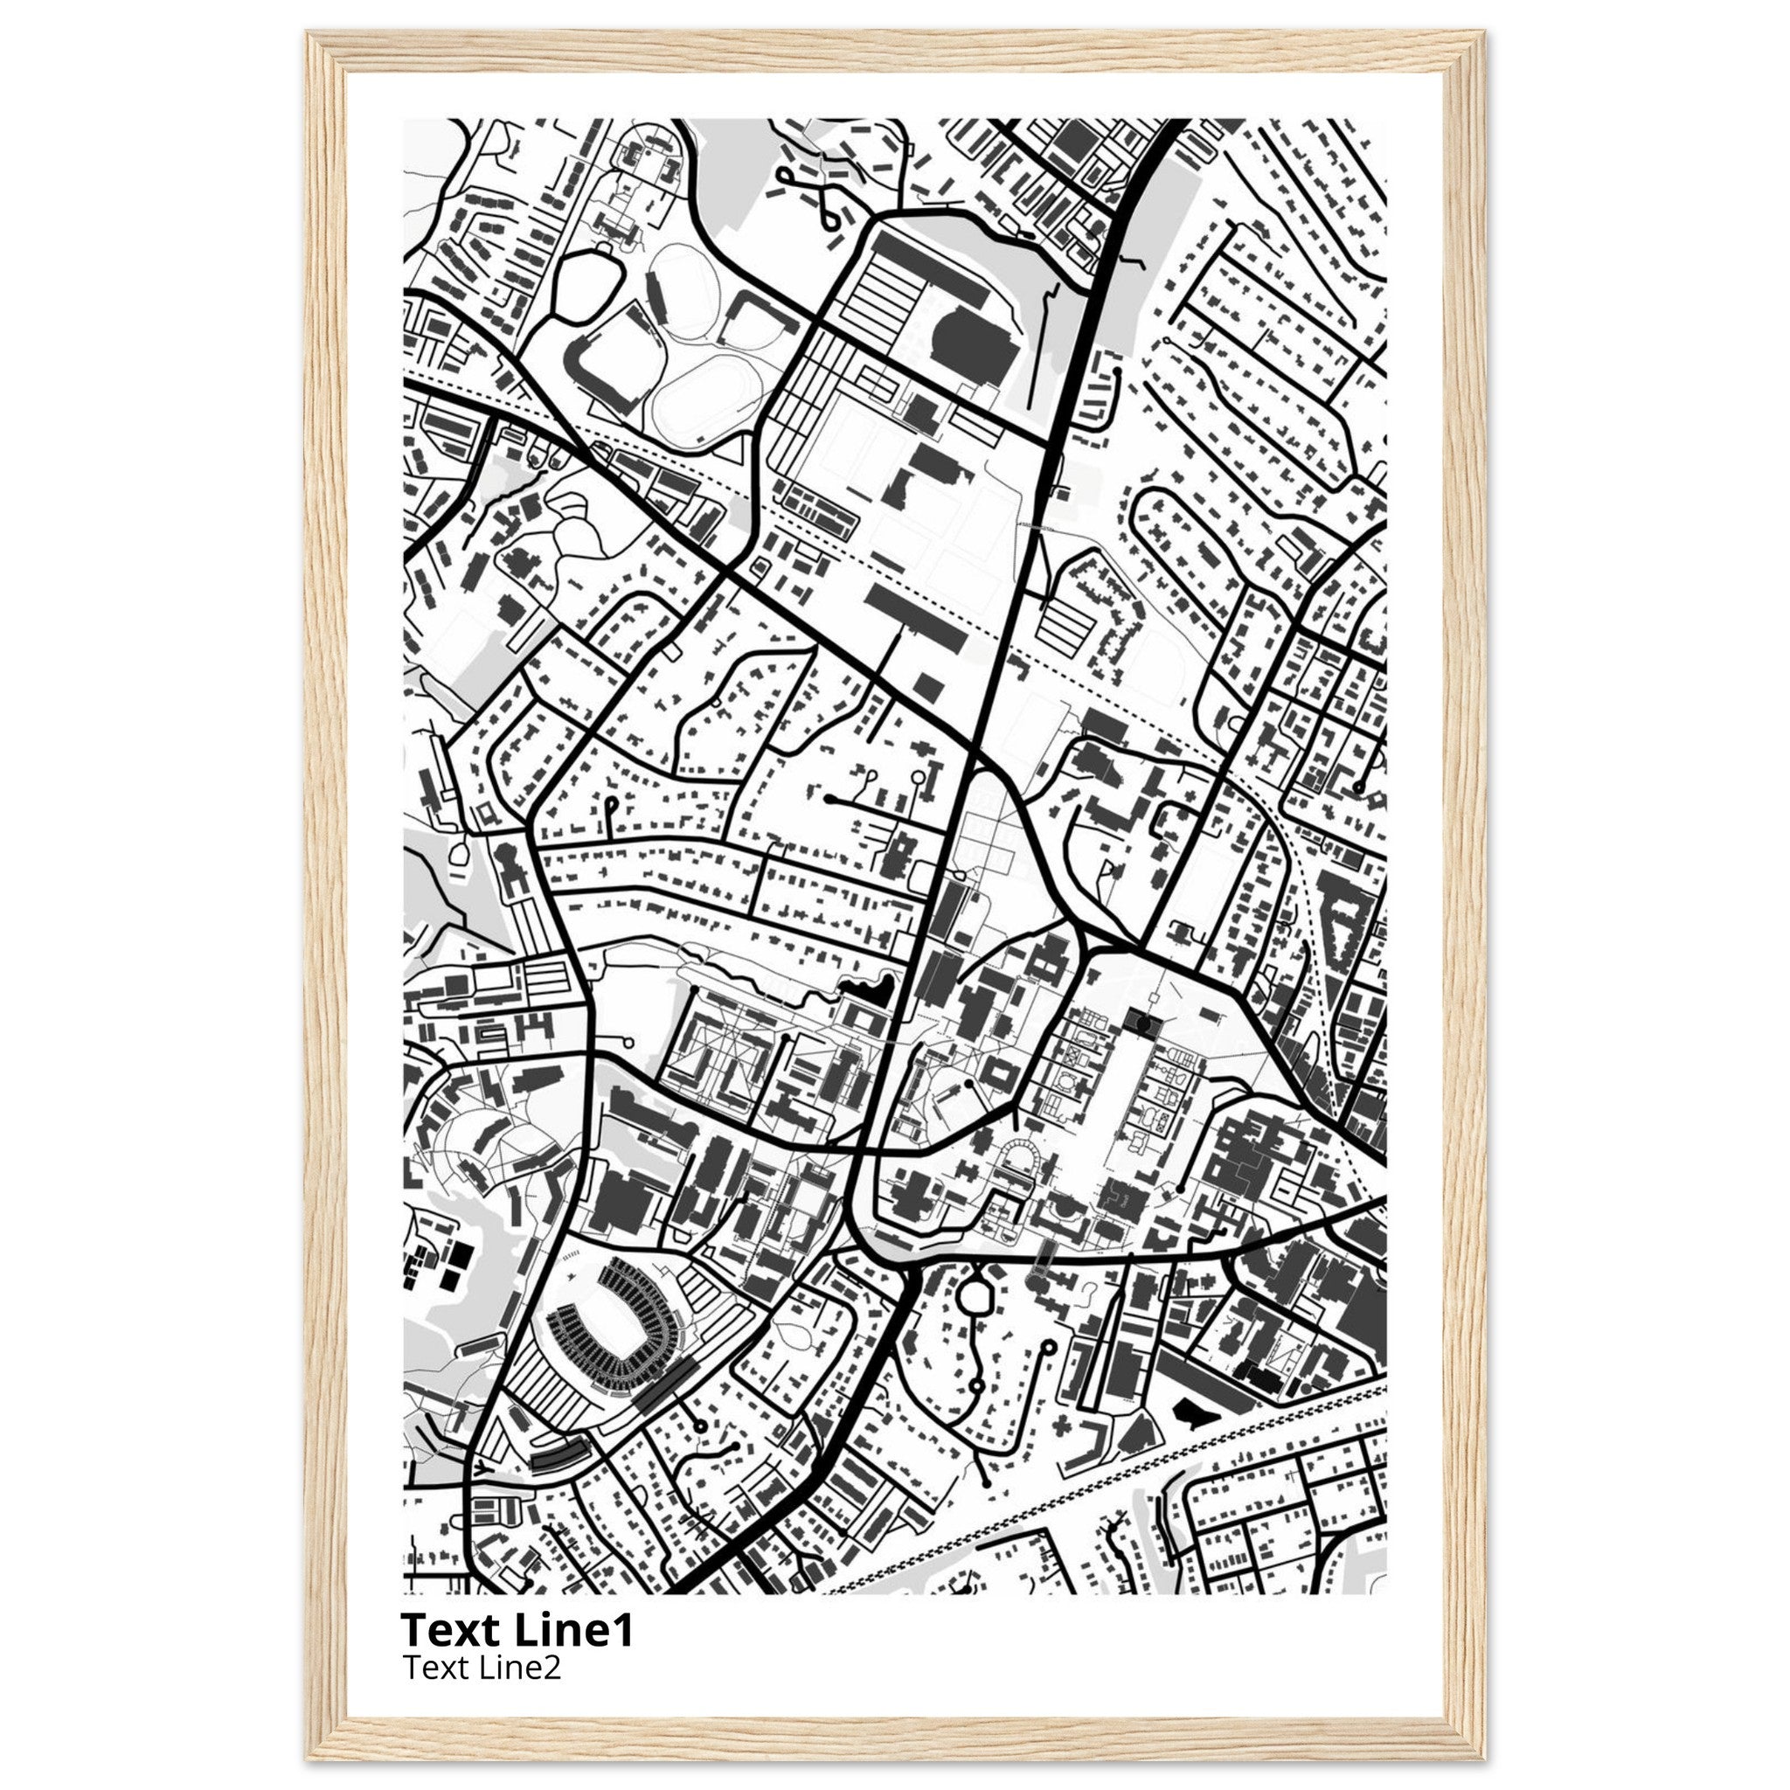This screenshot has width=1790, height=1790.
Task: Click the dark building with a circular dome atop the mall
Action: [1142, 1022]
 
